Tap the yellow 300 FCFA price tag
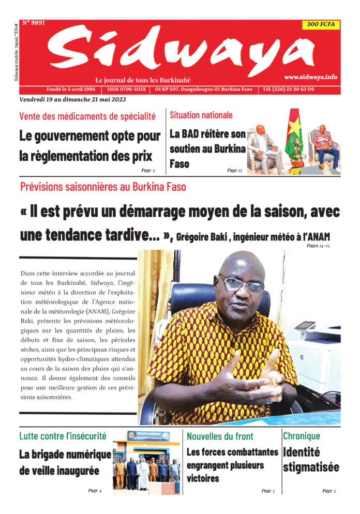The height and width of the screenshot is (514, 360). pyautogui.click(x=321, y=24)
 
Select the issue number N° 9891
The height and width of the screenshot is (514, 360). pyautogui.click(x=34, y=23)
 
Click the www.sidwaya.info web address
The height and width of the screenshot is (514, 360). pyautogui.click(x=310, y=77)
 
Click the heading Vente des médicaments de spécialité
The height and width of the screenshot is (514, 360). pyautogui.click(x=87, y=116)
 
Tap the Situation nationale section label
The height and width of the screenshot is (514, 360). pyautogui.click(x=201, y=115)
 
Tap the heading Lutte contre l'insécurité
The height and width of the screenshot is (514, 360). pyautogui.click(x=63, y=436)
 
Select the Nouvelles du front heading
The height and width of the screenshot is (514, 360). pyautogui.click(x=220, y=436)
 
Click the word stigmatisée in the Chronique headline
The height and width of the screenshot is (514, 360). pyautogui.click(x=311, y=467)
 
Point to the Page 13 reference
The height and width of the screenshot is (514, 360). pyautogui.click(x=235, y=170)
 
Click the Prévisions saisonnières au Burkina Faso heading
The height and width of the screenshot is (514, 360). pyautogui.click(x=103, y=187)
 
